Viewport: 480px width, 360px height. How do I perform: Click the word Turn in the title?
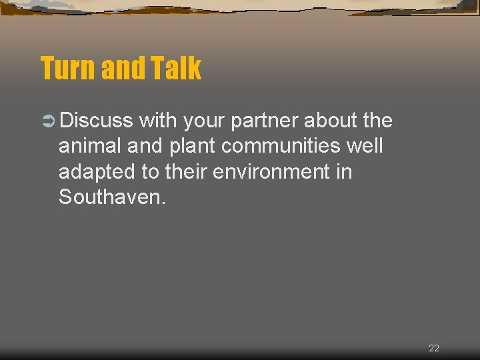click(x=66, y=68)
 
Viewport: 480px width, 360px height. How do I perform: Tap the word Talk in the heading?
click(x=176, y=68)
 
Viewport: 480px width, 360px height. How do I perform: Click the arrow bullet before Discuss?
click(x=47, y=121)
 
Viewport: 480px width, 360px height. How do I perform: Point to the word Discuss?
click(x=96, y=121)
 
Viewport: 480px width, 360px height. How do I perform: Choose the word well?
click(x=365, y=146)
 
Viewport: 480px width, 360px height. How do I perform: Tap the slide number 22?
click(x=434, y=348)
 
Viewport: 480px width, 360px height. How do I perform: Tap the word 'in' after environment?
click(x=344, y=171)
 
